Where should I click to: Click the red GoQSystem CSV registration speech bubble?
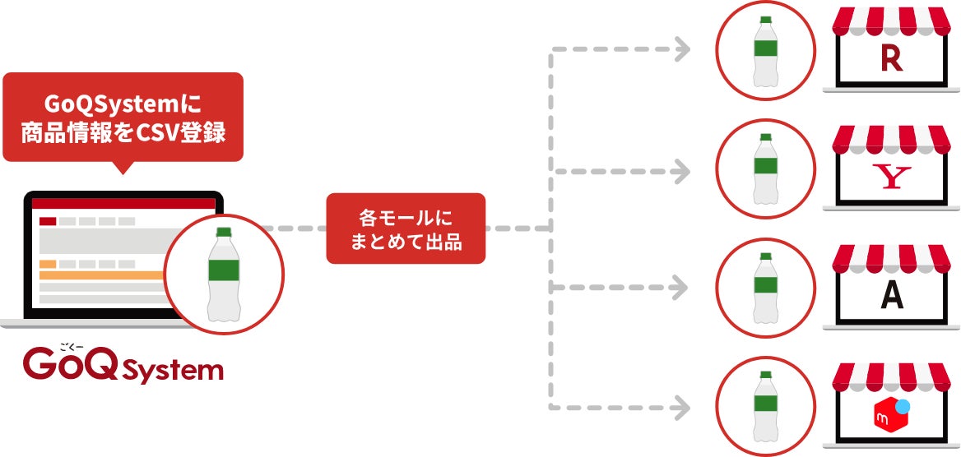point(123,117)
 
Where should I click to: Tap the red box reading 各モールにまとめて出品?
point(406,228)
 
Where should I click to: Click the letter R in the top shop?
point(891,59)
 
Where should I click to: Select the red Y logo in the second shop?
point(891,178)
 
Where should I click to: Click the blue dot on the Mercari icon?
point(903,404)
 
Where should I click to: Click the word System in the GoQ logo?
point(174,370)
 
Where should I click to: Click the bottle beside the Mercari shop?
point(766,406)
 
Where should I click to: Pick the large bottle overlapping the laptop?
point(224,275)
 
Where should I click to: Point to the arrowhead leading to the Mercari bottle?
point(682,406)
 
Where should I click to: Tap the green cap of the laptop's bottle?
point(224,233)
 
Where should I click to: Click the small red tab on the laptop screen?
point(48,220)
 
